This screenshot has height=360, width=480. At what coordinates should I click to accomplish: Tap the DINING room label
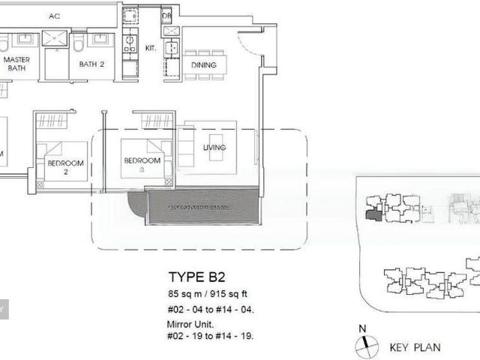coord(203,65)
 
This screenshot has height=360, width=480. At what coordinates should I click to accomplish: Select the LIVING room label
coord(214,148)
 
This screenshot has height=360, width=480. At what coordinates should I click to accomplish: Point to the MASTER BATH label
coord(16,64)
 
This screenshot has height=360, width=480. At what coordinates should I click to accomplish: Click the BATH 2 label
coord(92,64)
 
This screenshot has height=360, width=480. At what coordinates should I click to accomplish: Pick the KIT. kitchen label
coord(150,49)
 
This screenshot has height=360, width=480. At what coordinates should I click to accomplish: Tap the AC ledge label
coord(54,16)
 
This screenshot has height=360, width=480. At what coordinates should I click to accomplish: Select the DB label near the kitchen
coord(166,16)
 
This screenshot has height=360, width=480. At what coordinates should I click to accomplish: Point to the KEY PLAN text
coord(415,347)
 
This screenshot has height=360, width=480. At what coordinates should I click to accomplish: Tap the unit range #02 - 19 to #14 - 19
coord(211,335)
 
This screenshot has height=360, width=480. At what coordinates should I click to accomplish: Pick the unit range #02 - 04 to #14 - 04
coord(211,308)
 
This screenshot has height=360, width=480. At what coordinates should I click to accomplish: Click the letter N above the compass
coord(362,328)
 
